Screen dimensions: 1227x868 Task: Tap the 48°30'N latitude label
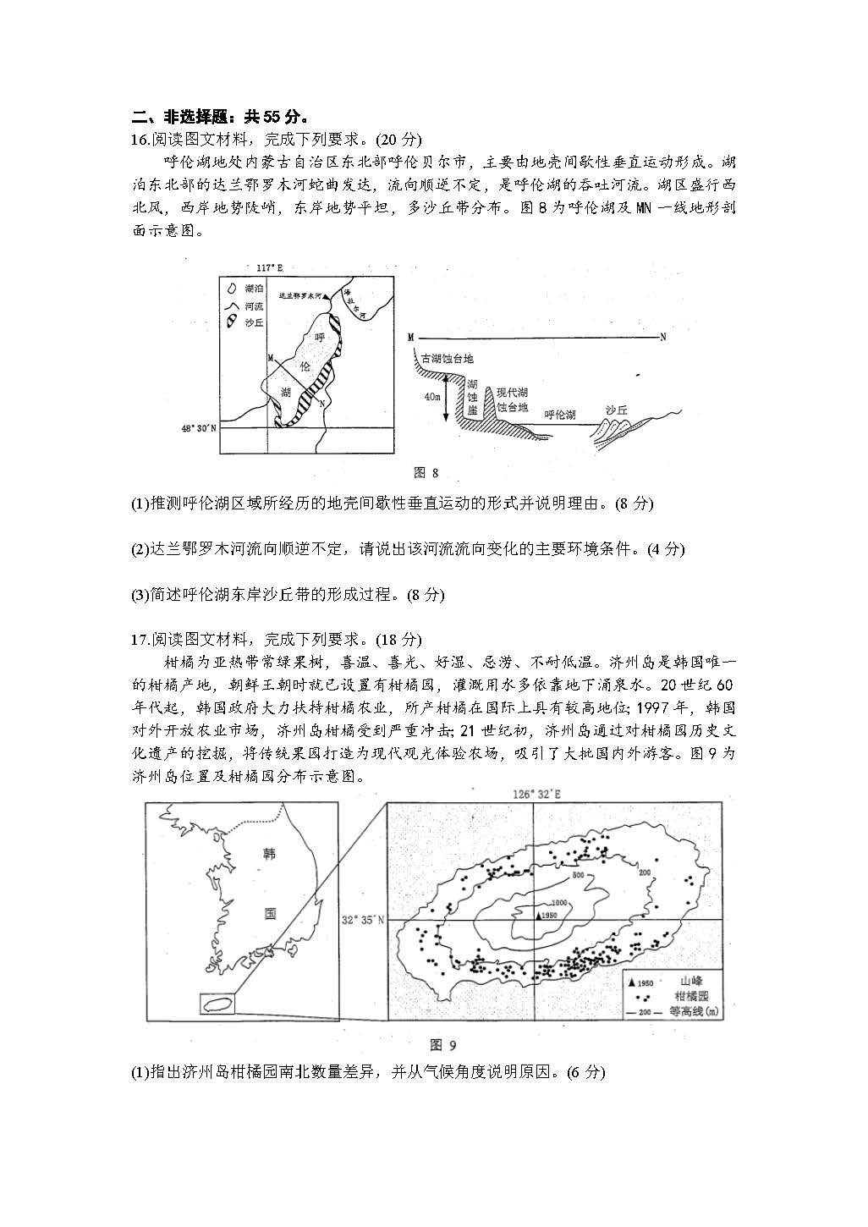(199, 428)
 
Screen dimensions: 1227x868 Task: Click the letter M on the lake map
(270, 358)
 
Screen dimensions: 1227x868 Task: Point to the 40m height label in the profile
(432, 397)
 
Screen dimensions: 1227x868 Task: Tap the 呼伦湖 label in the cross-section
(560, 415)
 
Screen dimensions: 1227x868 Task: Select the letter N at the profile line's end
(663, 337)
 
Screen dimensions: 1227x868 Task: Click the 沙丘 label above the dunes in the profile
(617, 410)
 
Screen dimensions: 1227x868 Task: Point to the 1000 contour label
(560, 904)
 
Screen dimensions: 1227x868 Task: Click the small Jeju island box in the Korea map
(218, 1004)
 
